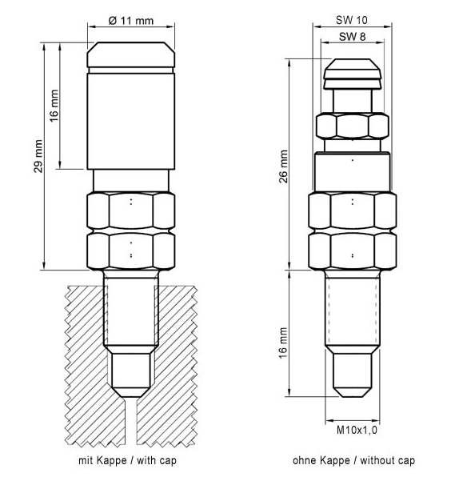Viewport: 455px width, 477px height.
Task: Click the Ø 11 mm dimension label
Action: click(x=130, y=21)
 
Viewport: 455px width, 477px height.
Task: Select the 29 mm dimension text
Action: click(x=38, y=156)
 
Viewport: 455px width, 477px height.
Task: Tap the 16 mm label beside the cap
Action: click(x=54, y=106)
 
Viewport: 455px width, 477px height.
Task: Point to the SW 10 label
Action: click(x=352, y=20)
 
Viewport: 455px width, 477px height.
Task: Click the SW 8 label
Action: click(x=352, y=37)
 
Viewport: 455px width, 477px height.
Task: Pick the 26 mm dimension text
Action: click(x=283, y=166)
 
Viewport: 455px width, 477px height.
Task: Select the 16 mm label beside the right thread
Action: click(x=283, y=343)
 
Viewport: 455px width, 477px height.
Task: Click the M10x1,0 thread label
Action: click(x=357, y=430)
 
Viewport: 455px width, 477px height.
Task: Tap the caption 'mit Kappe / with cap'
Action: click(x=127, y=460)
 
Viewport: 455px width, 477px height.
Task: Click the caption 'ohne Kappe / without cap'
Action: click(x=353, y=460)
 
